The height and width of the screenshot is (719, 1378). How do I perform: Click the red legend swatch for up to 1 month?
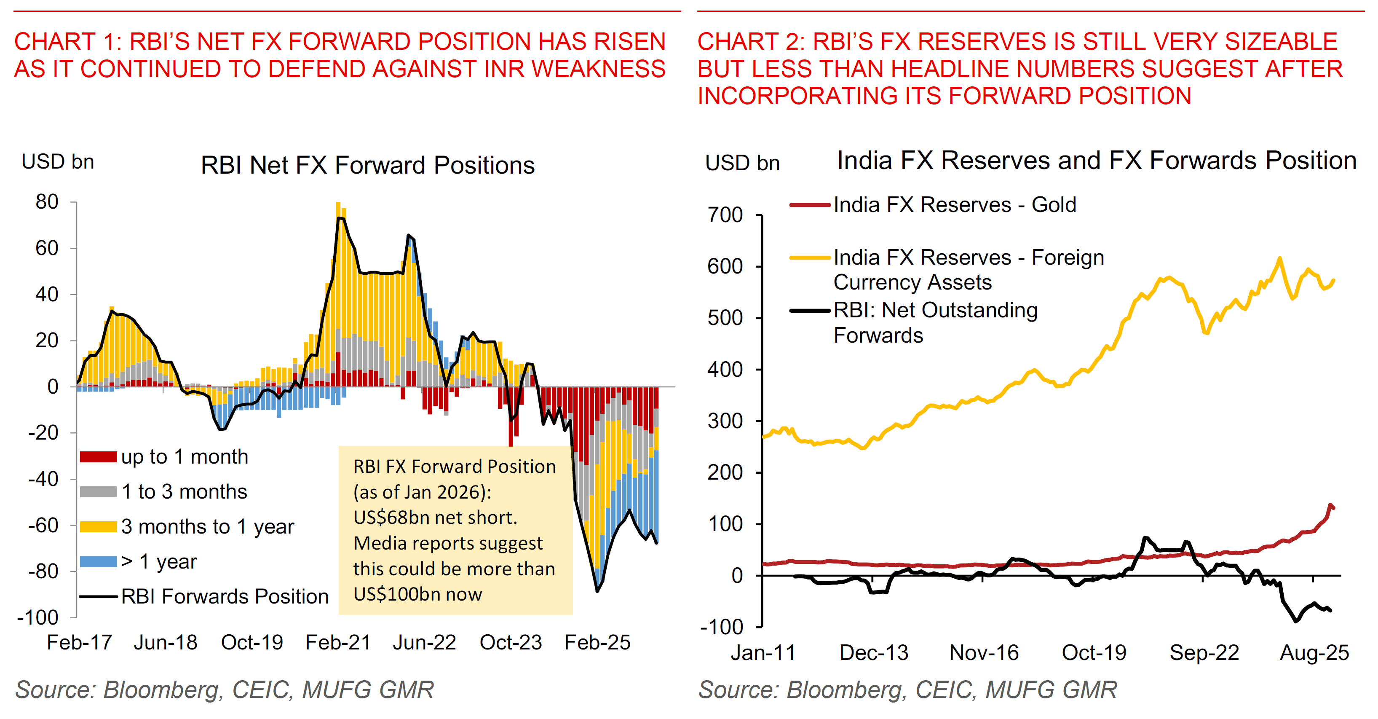(99, 456)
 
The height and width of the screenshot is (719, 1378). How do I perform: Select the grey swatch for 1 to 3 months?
(99, 492)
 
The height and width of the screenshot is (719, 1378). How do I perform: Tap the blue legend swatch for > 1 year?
(99, 562)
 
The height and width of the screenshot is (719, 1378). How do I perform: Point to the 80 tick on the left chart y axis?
(47, 202)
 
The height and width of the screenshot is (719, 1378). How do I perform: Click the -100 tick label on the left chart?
(37, 617)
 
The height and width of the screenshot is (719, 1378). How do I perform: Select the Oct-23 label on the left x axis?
(511, 642)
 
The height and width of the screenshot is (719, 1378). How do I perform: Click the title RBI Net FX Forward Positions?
(367, 165)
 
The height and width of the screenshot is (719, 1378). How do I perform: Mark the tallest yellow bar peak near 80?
(338, 203)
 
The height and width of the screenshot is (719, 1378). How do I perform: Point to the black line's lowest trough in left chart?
(597, 590)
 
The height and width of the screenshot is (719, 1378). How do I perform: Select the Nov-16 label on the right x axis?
(984, 653)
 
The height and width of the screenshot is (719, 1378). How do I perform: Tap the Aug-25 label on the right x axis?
(1314, 653)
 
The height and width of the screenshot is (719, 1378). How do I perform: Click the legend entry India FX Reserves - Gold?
(954, 205)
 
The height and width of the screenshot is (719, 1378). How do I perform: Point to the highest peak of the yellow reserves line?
(1279, 258)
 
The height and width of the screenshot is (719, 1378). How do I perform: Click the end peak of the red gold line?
(1330, 504)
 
